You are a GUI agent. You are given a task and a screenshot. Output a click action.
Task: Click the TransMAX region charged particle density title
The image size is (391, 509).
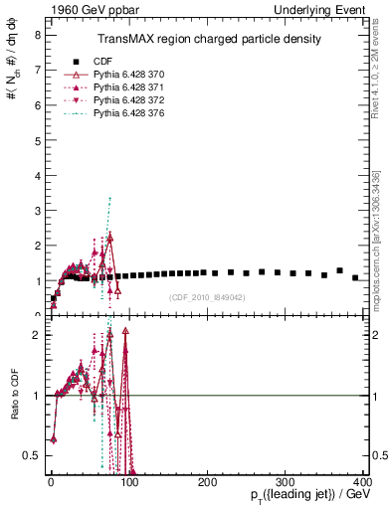coord(208,39)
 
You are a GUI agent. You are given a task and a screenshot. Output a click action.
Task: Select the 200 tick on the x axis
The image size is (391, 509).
coord(207,482)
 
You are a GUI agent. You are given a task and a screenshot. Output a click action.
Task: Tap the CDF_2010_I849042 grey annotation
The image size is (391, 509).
coord(207,296)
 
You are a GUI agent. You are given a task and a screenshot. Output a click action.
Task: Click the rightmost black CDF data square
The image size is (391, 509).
coord(355,277)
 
